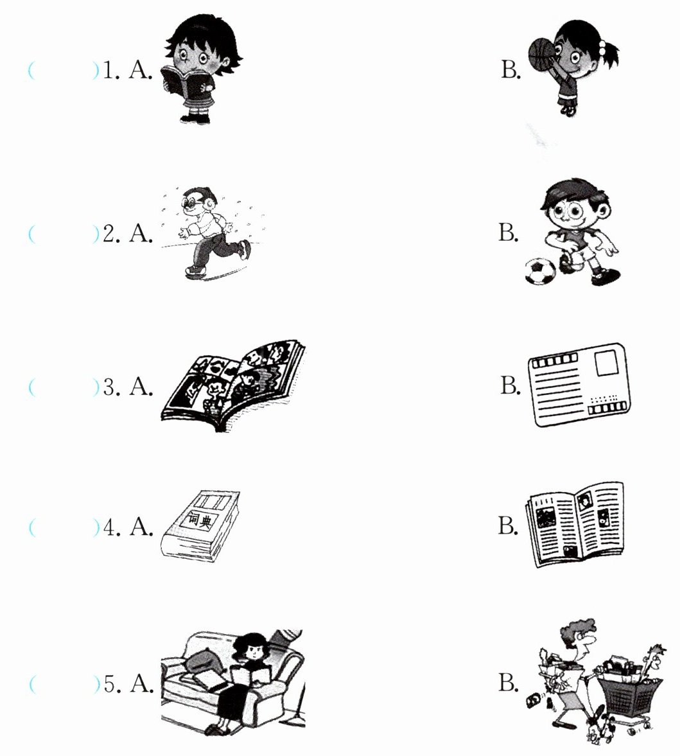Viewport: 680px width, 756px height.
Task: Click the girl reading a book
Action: (202, 70)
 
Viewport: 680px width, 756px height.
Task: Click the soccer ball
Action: (540, 271)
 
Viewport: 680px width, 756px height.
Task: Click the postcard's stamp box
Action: (607, 363)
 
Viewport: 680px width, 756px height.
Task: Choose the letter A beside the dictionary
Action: (141, 527)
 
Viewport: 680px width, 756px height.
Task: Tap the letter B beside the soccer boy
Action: (509, 233)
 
